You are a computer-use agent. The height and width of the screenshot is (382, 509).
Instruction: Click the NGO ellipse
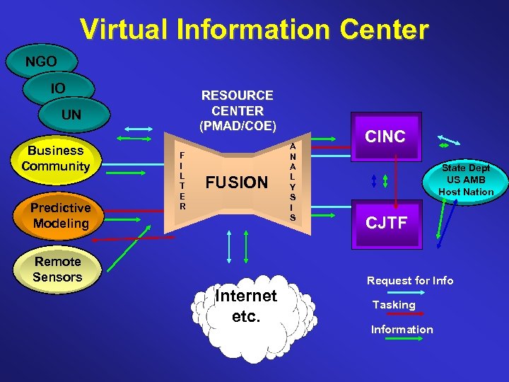(41, 62)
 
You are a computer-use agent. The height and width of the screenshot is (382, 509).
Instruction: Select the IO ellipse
(59, 88)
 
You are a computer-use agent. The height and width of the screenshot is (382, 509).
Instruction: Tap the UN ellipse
(71, 115)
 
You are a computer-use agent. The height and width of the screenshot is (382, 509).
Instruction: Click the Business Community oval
(56, 158)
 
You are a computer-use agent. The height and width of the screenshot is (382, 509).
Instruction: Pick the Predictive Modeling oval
(60, 215)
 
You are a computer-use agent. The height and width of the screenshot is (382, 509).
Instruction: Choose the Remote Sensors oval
(57, 270)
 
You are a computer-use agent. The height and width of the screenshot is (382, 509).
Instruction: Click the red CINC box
(385, 137)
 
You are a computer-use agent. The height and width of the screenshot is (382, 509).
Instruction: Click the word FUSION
(236, 183)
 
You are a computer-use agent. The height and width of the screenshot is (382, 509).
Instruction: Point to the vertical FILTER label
(182, 180)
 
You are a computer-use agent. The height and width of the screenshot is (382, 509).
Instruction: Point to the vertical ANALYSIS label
(293, 181)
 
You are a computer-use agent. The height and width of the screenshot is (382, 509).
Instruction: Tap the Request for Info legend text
(410, 281)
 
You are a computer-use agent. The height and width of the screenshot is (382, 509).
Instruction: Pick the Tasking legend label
(394, 305)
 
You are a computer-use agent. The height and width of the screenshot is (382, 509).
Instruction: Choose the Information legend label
(402, 330)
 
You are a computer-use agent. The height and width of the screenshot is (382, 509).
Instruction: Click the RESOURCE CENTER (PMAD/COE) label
(238, 111)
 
